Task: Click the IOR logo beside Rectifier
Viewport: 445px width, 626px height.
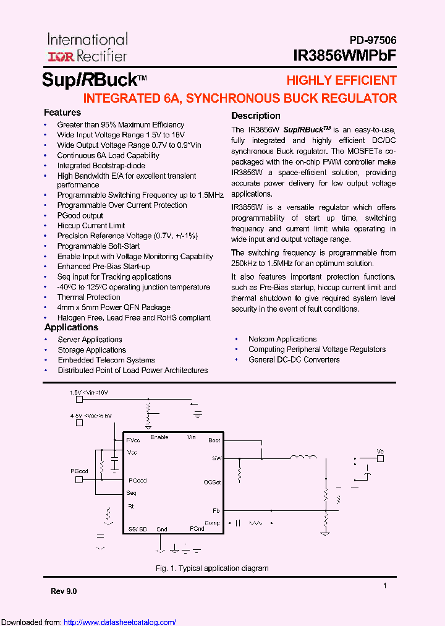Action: (61, 56)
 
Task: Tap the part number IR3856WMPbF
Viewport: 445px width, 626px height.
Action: (345, 56)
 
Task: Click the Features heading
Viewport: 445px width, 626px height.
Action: (62, 113)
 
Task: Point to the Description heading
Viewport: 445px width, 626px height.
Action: (255, 116)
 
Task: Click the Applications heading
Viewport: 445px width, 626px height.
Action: (71, 327)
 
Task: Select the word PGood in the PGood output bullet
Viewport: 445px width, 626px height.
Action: (69, 215)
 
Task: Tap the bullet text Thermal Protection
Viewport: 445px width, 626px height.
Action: (88, 297)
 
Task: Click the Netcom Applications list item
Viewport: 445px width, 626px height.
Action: (282, 339)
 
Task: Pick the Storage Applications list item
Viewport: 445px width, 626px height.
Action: (91, 349)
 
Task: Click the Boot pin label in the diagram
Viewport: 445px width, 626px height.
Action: (214, 440)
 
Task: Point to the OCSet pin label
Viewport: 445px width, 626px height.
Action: (212, 482)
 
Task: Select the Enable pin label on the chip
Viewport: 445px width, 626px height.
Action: (159, 437)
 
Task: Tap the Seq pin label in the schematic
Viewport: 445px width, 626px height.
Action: (131, 493)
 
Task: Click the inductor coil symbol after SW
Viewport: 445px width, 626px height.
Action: (302, 458)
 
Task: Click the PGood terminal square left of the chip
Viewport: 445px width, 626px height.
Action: (78, 479)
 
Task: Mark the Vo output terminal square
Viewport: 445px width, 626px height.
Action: (380, 459)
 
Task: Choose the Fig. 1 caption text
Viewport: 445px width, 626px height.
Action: (211, 568)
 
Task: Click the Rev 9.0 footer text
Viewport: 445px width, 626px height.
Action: (64, 591)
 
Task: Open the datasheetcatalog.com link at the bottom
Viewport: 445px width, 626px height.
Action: (120, 622)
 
